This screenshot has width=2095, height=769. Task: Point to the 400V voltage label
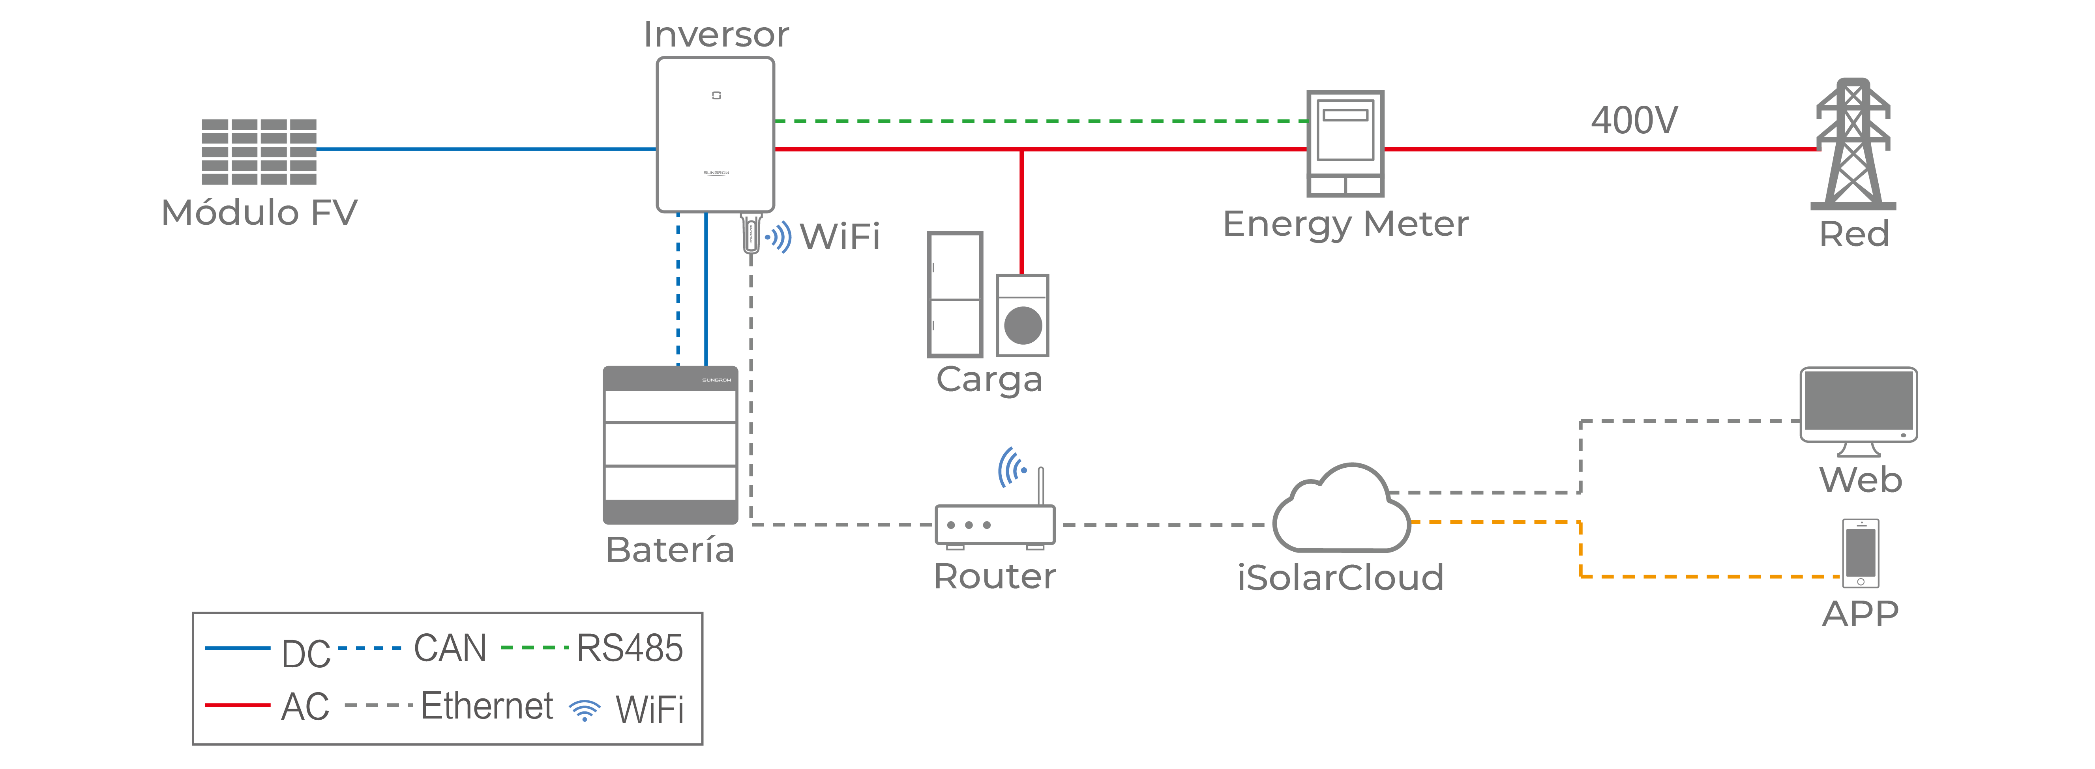1633,120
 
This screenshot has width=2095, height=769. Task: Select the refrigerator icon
955,294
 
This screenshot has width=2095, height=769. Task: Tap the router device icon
995,525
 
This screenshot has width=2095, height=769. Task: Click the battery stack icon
670,446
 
